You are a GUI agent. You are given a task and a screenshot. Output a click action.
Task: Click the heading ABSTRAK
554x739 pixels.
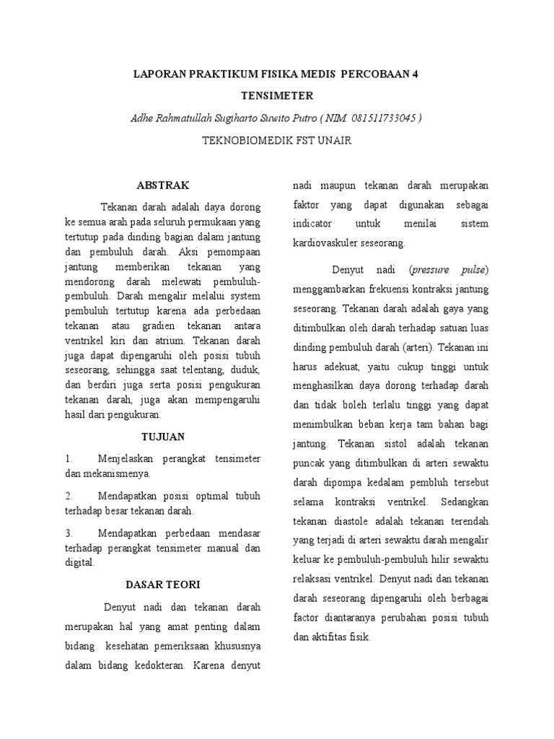click(162, 185)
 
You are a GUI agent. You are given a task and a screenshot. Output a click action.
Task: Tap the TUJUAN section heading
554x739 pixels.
click(162, 437)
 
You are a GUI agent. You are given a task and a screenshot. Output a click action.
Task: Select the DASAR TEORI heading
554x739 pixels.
click(162, 584)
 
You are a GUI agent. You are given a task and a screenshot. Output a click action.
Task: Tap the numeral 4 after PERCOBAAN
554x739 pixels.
click(415, 73)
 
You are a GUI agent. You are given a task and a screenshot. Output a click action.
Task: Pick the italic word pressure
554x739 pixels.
click(431, 270)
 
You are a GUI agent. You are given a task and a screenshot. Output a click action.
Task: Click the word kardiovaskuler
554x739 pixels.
click(325, 242)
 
